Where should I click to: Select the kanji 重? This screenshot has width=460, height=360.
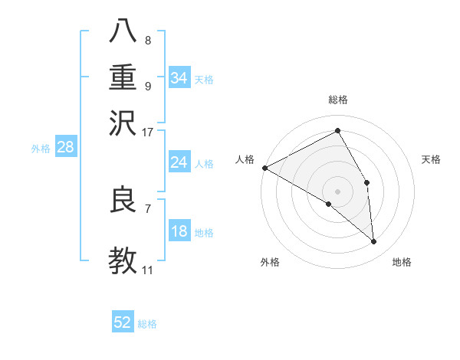pyautogui.click(x=123, y=78)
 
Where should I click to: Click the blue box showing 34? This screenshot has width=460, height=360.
pyautogui.click(x=179, y=78)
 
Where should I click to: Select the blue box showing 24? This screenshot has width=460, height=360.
pyautogui.click(x=179, y=162)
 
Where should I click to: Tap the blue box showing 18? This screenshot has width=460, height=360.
pyautogui.click(x=179, y=231)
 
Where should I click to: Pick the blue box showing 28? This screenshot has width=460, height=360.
pyautogui.click(x=65, y=147)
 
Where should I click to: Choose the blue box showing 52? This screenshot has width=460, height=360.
pyautogui.click(x=123, y=322)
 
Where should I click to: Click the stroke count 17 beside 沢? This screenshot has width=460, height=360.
pyautogui.click(x=148, y=132)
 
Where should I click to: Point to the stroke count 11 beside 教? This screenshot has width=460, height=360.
pyautogui.click(x=148, y=270)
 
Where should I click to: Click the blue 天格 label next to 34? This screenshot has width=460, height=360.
pyautogui.click(x=204, y=80)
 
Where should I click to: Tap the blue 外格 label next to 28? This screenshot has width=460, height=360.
pyautogui.click(x=41, y=149)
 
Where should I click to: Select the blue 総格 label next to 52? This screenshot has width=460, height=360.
pyautogui.click(x=147, y=324)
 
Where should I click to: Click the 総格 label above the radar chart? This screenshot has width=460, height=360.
pyautogui.click(x=338, y=100)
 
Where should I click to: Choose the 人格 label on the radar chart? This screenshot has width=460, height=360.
pyautogui.click(x=245, y=159)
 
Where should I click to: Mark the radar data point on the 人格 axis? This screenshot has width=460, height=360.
pyautogui.click(x=264, y=168)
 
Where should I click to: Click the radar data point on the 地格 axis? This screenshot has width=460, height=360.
pyautogui.click(x=374, y=242)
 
